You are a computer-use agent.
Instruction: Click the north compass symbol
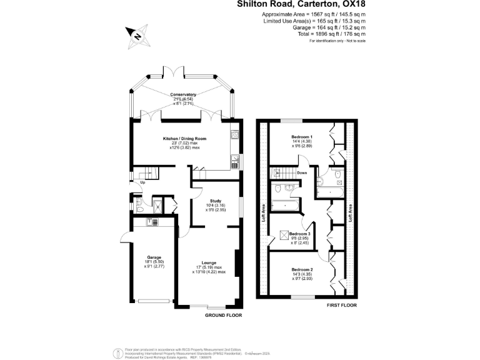(x=136, y=36)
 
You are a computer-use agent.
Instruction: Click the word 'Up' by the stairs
(x=143, y=182)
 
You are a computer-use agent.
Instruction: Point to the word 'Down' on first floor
(x=302, y=173)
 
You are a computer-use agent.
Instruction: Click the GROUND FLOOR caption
(x=223, y=316)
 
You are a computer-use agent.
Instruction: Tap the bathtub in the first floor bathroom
(x=285, y=204)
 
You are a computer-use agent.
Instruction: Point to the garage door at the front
(x=154, y=302)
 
